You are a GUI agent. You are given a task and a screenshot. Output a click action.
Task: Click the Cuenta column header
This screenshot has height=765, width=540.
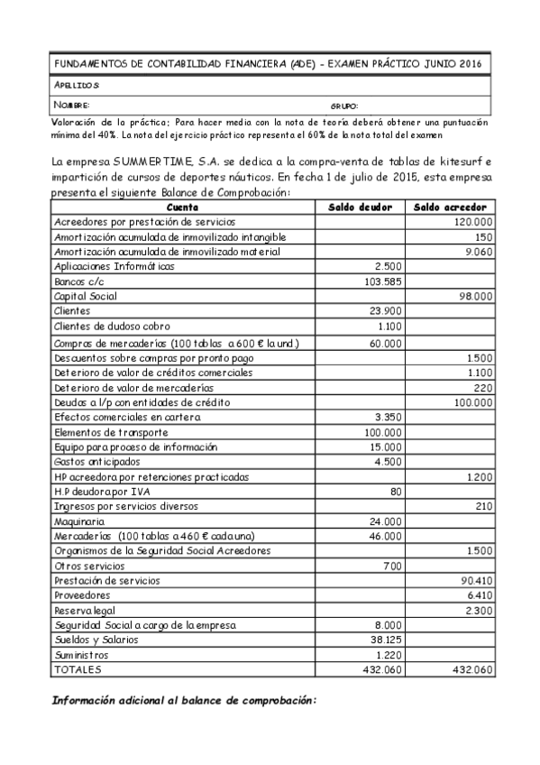click(x=183, y=207)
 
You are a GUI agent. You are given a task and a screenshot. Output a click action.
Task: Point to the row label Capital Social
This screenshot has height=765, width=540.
click(x=86, y=296)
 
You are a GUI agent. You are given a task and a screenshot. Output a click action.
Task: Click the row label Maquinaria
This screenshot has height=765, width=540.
click(x=80, y=521)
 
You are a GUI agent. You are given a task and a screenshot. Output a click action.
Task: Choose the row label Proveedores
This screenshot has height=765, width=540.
click(x=82, y=595)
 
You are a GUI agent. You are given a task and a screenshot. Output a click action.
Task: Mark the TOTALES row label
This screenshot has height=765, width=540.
click(x=78, y=669)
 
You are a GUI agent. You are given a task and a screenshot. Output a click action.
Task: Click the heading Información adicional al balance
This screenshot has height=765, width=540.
click(x=184, y=700)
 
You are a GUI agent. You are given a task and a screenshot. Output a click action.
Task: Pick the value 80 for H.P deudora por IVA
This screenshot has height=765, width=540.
click(x=395, y=491)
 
